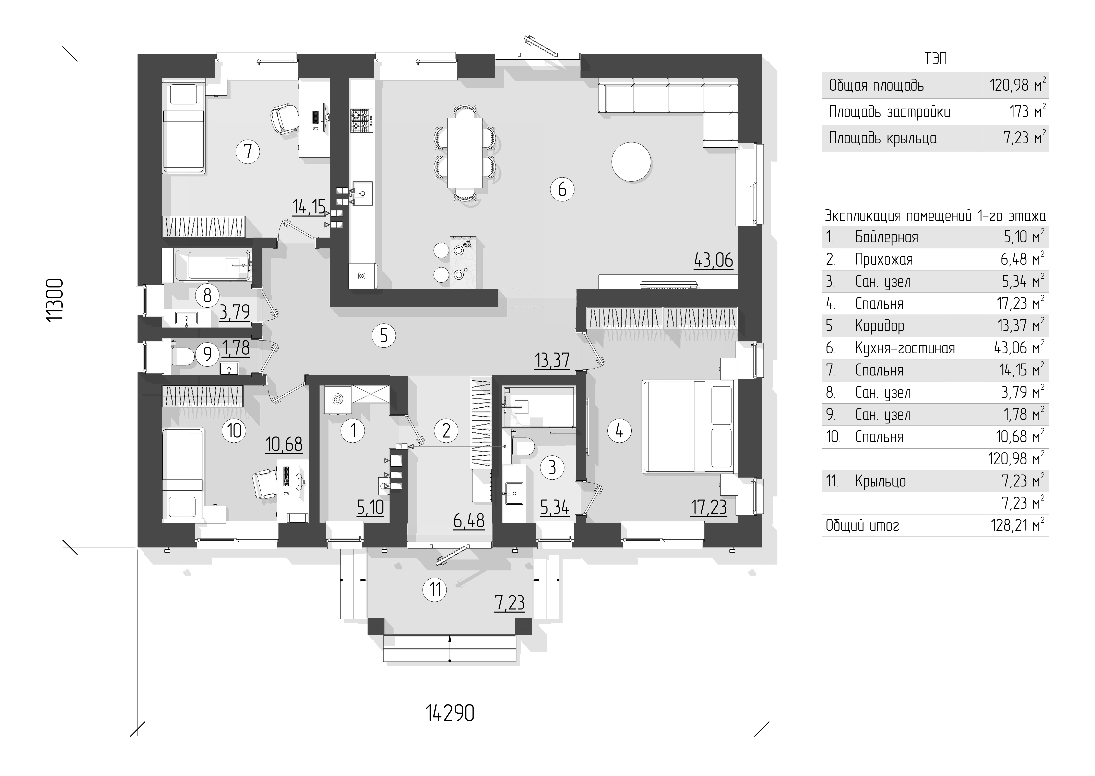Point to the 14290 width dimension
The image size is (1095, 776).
click(450, 713)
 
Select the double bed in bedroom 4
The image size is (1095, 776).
click(689, 427)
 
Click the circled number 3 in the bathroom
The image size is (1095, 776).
click(552, 467)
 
